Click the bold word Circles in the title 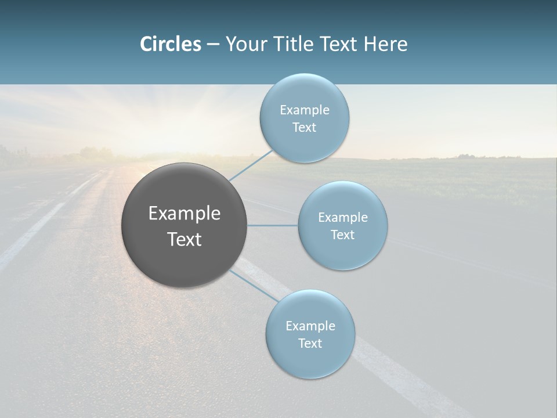coord(170,44)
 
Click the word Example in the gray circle coord(185,214)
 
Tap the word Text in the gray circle coord(185,239)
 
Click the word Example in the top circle coord(305,110)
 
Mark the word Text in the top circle coord(305,128)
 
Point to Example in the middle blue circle coord(343,218)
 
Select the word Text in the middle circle coord(343,235)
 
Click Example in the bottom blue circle coord(310,326)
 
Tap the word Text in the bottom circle coord(310,344)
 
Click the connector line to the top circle coord(251,166)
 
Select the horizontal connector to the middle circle coord(273,225)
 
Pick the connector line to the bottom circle coord(254,285)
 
